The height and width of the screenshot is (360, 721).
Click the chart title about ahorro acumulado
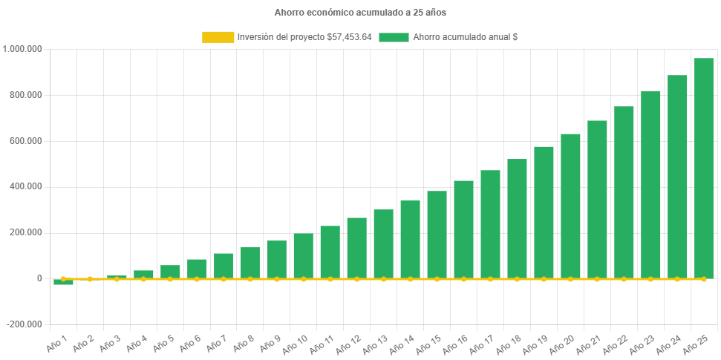click(360, 13)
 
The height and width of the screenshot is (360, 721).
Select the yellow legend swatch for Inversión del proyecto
click(217, 36)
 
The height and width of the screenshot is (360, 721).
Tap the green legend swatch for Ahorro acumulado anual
click(394, 36)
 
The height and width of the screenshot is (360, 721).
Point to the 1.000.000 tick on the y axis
click(23, 49)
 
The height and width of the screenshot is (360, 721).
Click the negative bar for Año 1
click(63, 282)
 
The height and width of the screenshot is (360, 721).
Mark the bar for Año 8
click(250, 263)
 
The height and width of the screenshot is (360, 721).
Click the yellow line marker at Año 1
click(63, 279)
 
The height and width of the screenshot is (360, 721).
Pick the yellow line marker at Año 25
click(704, 278)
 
